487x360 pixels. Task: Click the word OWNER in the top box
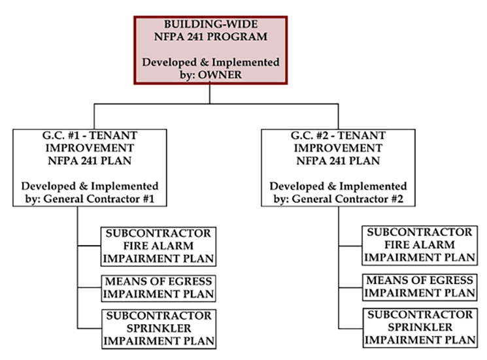(220, 74)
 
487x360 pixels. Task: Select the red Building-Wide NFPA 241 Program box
(210, 50)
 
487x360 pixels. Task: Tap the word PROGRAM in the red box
(237, 37)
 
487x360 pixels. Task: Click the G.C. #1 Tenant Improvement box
(90, 167)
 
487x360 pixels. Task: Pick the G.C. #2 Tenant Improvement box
(338, 167)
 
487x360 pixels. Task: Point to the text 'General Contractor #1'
(99, 199)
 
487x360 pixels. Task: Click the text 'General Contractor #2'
(348, 199)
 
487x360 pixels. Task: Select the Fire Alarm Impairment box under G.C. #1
(158, 246)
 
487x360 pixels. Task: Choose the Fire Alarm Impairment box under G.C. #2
(420, 246)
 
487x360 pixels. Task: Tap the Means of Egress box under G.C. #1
(158, 288)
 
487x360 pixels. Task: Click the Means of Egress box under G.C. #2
(420, 287)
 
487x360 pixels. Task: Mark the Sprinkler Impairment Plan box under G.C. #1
(159, 329)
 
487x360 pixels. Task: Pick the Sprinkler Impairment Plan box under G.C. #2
(420, 328)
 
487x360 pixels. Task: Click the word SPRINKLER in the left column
(159, 329)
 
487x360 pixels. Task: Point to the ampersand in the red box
(204, 62)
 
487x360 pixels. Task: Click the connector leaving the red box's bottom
(210, 93)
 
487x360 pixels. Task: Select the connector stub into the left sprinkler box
(90, 329)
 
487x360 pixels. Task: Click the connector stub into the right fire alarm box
(350, 246)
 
